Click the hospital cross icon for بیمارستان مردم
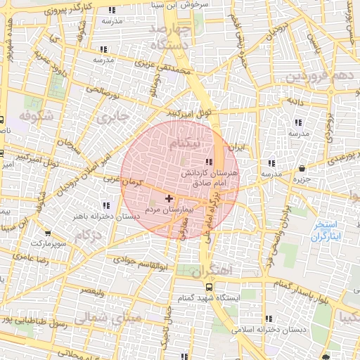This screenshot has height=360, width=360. [168, 200]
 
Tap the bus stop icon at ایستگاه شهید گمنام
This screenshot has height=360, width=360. [209, 287]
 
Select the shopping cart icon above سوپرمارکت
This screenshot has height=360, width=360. [47, 233]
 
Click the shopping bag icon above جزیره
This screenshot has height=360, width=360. [302, 169]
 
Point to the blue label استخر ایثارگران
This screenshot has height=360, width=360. [325, 231]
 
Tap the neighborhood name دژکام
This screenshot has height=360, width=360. [89, 234]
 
